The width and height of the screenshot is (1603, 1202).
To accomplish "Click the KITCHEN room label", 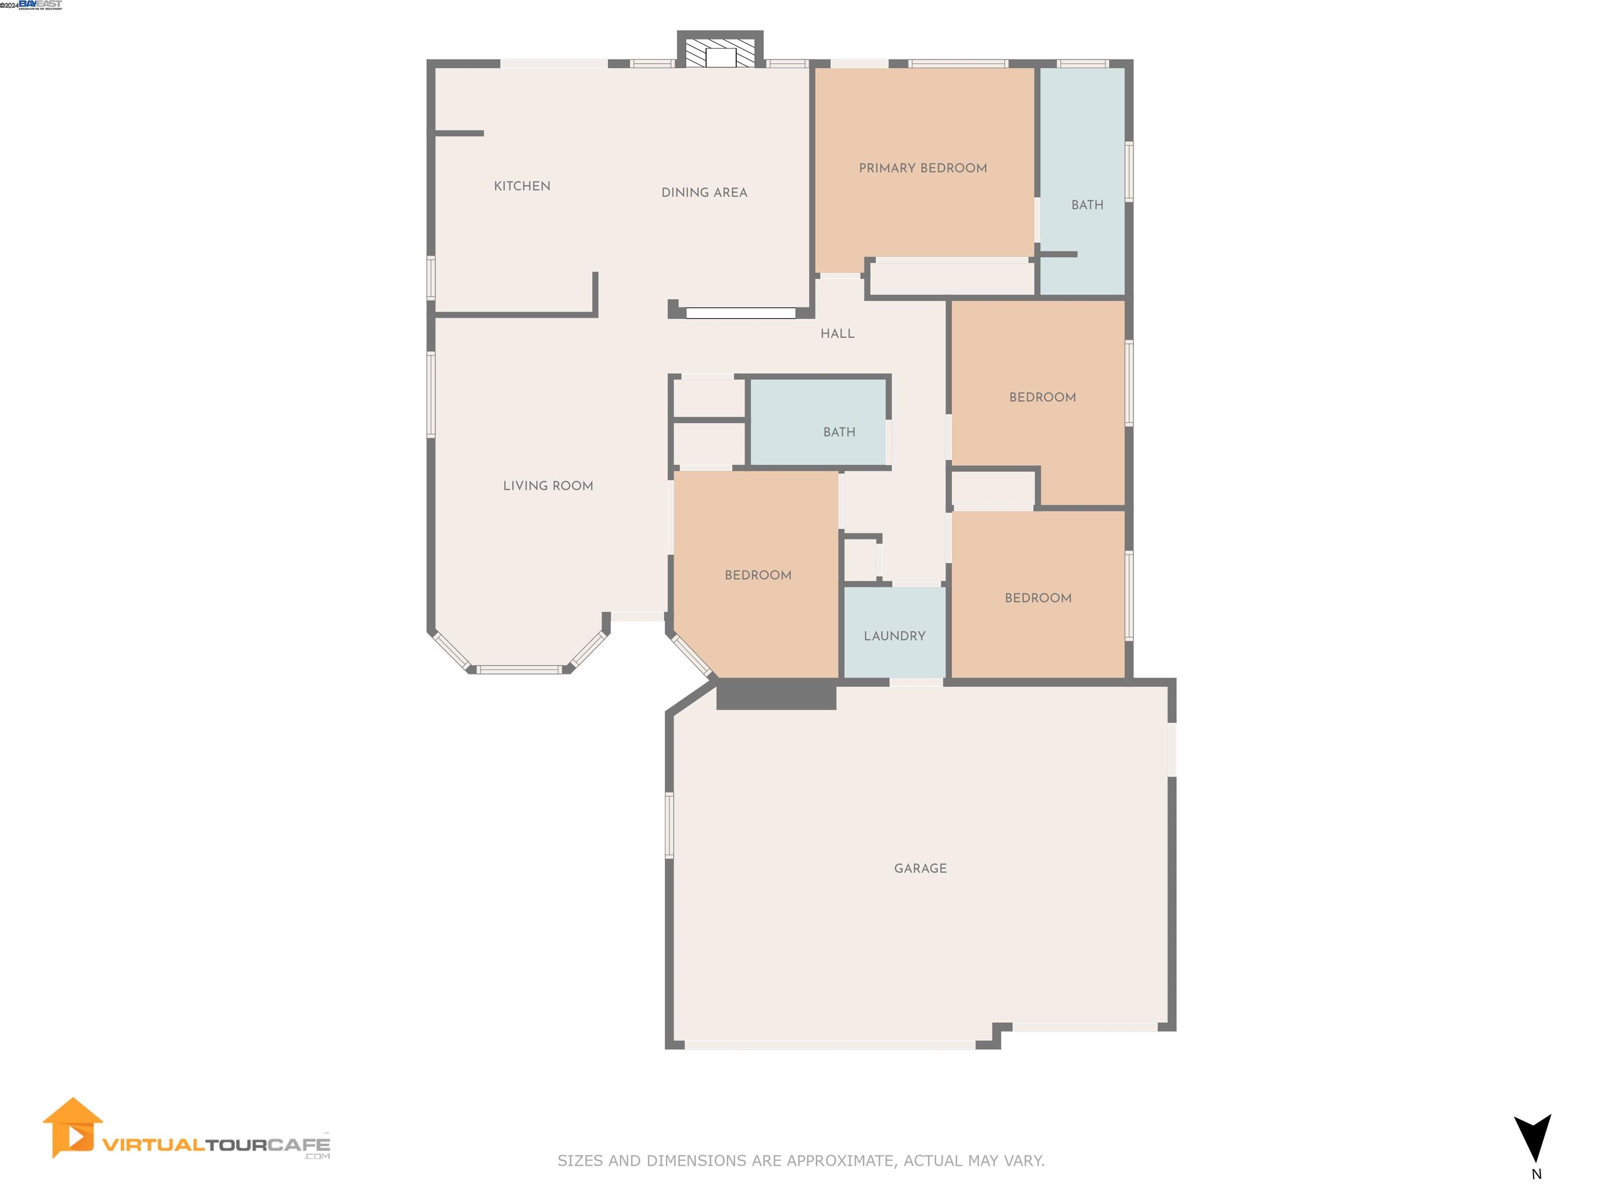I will tap(522, 186).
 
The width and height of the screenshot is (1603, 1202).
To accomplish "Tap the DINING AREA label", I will tap(704, 193).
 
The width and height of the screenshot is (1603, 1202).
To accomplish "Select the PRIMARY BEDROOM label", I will tap(923, 168).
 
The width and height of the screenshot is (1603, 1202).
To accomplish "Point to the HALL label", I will tap(837, 334).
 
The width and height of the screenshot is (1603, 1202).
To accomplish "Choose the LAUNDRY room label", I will tap(894, 636).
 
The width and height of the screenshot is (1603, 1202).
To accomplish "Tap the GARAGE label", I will tap(920, 869).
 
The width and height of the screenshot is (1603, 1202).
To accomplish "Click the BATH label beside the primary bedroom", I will tap(1087, 205).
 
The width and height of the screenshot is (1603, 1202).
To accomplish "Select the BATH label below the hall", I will tap(839, 432).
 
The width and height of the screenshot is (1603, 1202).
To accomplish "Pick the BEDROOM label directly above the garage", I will tap(1038, 598).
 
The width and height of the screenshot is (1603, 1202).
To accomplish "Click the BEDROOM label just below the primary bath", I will tap(1042, 398).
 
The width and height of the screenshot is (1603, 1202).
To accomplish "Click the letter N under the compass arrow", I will tap(1536, 1174).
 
